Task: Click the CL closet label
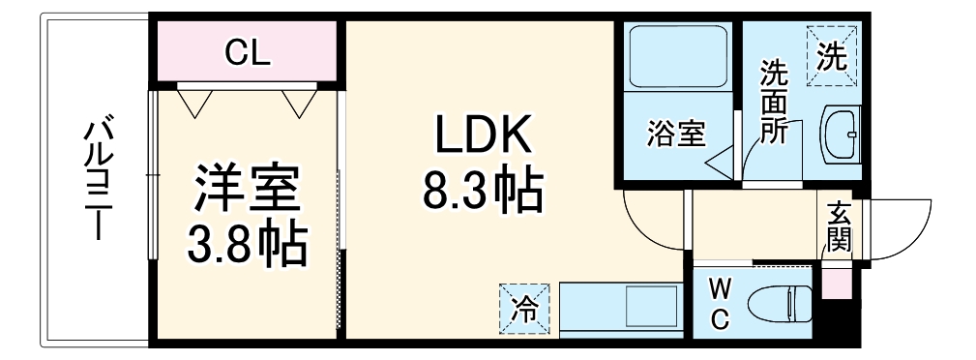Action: click(249, 53)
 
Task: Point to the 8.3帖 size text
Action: click(481, 191)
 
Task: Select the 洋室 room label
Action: click(248, 192)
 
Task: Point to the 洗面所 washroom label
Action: click(773, 103)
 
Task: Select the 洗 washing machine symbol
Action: click(831, 56)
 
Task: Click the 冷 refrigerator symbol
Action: click(523, 309)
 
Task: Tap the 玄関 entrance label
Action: click(837, 226)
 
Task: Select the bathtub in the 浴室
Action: click(677, 57)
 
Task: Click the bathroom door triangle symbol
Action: click(720, 161)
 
